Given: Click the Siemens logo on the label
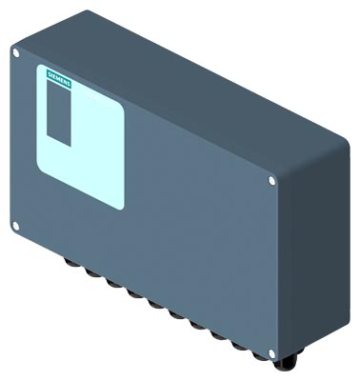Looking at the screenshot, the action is [x=59, y=78].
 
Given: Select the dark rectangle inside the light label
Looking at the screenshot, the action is [x=59, y=113].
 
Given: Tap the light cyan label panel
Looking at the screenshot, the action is [x=80, y=137].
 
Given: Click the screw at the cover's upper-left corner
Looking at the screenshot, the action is [x=16, y=53].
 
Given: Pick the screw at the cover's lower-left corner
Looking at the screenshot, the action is [x=15, y=226].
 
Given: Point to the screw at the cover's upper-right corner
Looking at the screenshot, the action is [x=271, y=181].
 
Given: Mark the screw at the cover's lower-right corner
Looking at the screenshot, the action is [x=271, y=353].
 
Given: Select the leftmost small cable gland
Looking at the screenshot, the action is [x=71, y=263].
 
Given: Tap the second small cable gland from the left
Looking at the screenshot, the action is [x=92, y=272].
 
